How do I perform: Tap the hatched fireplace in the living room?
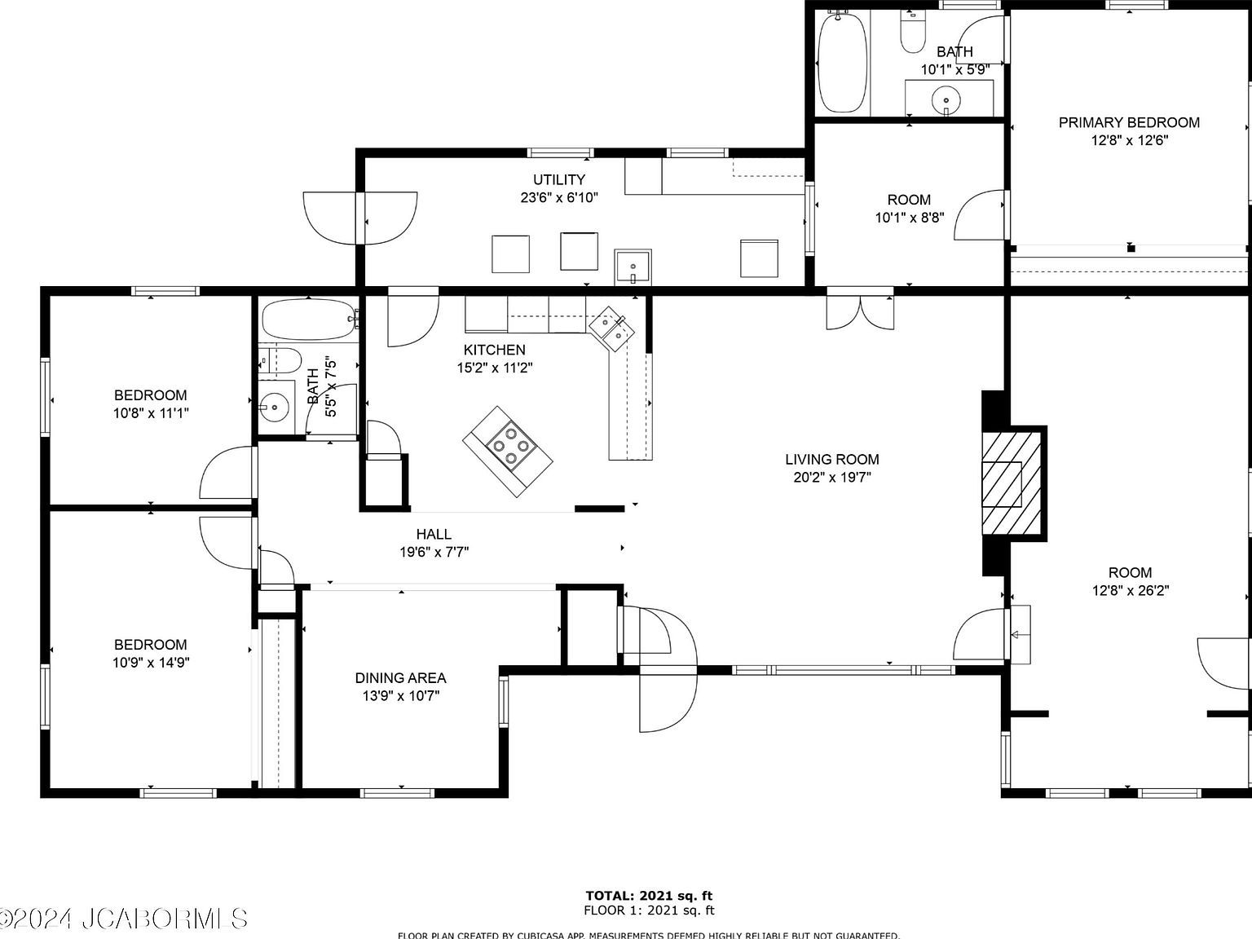coord(1012,482)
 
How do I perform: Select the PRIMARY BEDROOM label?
coord(1129,122)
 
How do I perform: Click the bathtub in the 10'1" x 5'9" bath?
coord(843,62)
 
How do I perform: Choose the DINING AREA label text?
coord(400,677)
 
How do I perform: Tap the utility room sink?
coord(633,267)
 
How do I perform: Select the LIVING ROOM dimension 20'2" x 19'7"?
coord(832,478)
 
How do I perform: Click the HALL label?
coord(434,534)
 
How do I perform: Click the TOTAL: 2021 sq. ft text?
coord(649,896)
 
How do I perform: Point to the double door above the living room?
coord(860,311)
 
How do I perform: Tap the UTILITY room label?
coord(559,179)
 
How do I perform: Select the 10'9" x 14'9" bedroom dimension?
coord(151,663)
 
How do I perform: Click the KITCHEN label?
coord(495,350)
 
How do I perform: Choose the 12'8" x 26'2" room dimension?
coord(1131,591)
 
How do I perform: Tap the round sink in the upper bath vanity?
coord(946,101)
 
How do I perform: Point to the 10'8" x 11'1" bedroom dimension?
coord(151,413)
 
